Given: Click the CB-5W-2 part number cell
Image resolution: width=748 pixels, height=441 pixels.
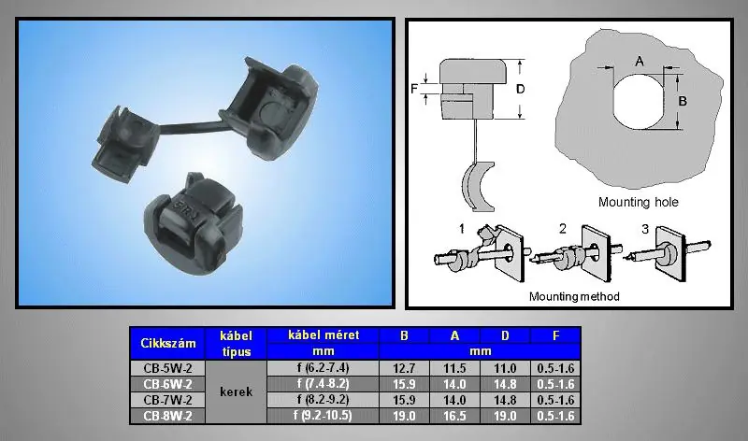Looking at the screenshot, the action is pos(167,368).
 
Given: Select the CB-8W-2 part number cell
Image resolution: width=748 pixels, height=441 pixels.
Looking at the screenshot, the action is pos(167,416).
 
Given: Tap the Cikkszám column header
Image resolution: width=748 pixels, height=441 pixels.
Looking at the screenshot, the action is pos(168,343).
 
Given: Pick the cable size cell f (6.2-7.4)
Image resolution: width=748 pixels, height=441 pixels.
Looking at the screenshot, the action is pos(323,368).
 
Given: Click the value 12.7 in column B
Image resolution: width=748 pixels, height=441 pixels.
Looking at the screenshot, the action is pos(404,368).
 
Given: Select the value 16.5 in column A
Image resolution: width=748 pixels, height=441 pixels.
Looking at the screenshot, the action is pos(454,416).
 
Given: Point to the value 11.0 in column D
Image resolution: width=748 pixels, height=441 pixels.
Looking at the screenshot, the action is pos(505,368).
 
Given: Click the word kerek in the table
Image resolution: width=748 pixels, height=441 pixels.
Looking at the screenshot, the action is pos(237,391).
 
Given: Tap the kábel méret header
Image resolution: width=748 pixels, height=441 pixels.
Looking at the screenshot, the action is pos(324,335).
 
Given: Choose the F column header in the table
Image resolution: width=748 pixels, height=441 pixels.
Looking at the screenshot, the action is pos(555,335).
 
